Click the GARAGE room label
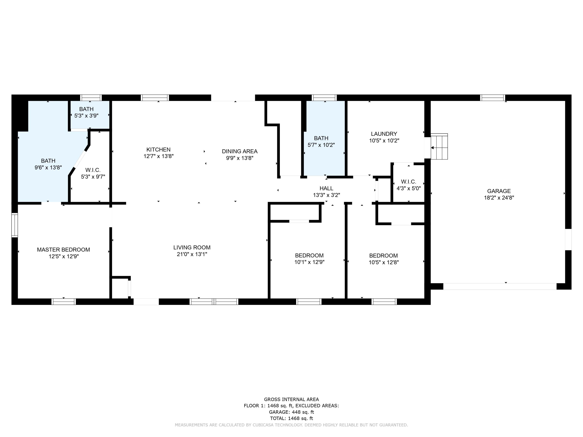pos(499,191)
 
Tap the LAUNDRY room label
pos(384,134)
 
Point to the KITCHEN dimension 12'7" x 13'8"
pos(158,156)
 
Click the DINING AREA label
pos(240,151)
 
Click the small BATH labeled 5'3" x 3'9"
pos(86,109)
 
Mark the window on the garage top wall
pos(492,98)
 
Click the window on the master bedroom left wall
pos(15,225)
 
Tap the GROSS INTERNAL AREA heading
pos(291,399)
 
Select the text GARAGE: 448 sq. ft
pos(291,412)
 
